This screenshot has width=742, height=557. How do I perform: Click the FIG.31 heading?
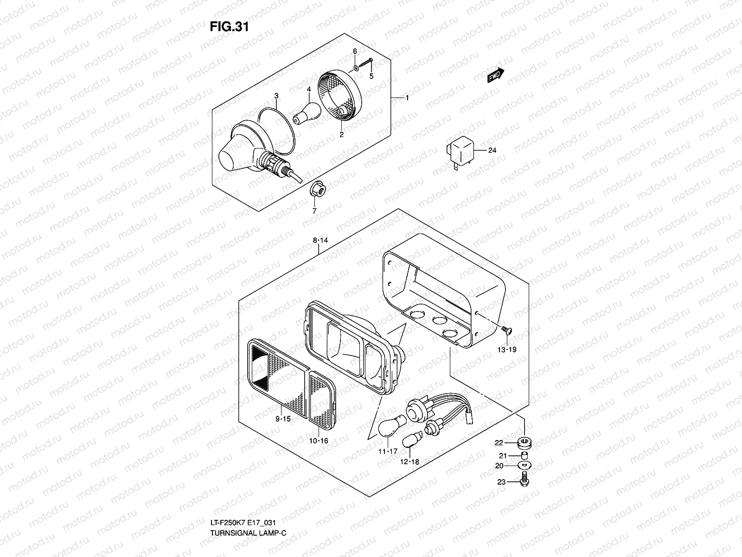[229, 27]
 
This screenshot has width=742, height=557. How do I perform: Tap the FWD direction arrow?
[495, 75]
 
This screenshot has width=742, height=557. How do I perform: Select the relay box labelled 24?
[459, 151]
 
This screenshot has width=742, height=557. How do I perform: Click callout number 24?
[492, 150]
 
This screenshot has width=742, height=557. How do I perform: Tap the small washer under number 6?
[355, 68]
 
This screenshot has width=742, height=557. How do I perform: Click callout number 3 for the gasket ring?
[276, 96]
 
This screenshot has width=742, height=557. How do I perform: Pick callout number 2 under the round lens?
[341, 135]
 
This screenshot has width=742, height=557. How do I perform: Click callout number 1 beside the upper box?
[407, 98]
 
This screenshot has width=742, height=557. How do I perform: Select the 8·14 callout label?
[320, 240]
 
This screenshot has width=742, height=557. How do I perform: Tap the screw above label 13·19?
[506, 330]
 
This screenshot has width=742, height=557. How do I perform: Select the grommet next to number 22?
[524, 443]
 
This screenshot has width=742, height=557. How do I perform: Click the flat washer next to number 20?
[524, 465]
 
